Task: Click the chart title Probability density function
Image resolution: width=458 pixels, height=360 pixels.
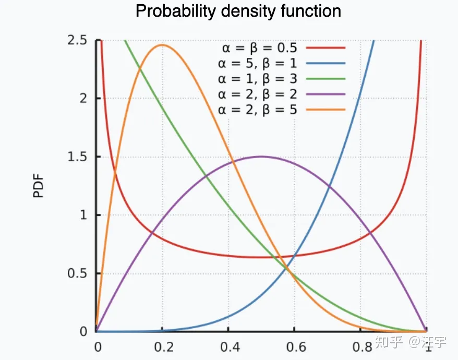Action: point(238,11)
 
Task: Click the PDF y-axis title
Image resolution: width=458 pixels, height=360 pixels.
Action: point(39,187)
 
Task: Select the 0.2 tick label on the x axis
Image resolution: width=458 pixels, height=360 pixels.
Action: point(162,346)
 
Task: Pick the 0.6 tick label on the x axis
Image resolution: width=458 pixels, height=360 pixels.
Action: point(294,346)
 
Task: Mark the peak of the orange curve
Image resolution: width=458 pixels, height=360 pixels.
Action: point(162,45)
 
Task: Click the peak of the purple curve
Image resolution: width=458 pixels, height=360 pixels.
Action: point(261,157)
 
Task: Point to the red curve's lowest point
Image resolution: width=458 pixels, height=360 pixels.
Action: point(261,257)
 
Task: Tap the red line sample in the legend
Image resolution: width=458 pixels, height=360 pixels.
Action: point(326,48)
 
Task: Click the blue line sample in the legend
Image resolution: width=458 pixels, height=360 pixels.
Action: point(326,64)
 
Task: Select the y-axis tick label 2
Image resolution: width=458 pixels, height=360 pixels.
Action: point(83,99)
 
